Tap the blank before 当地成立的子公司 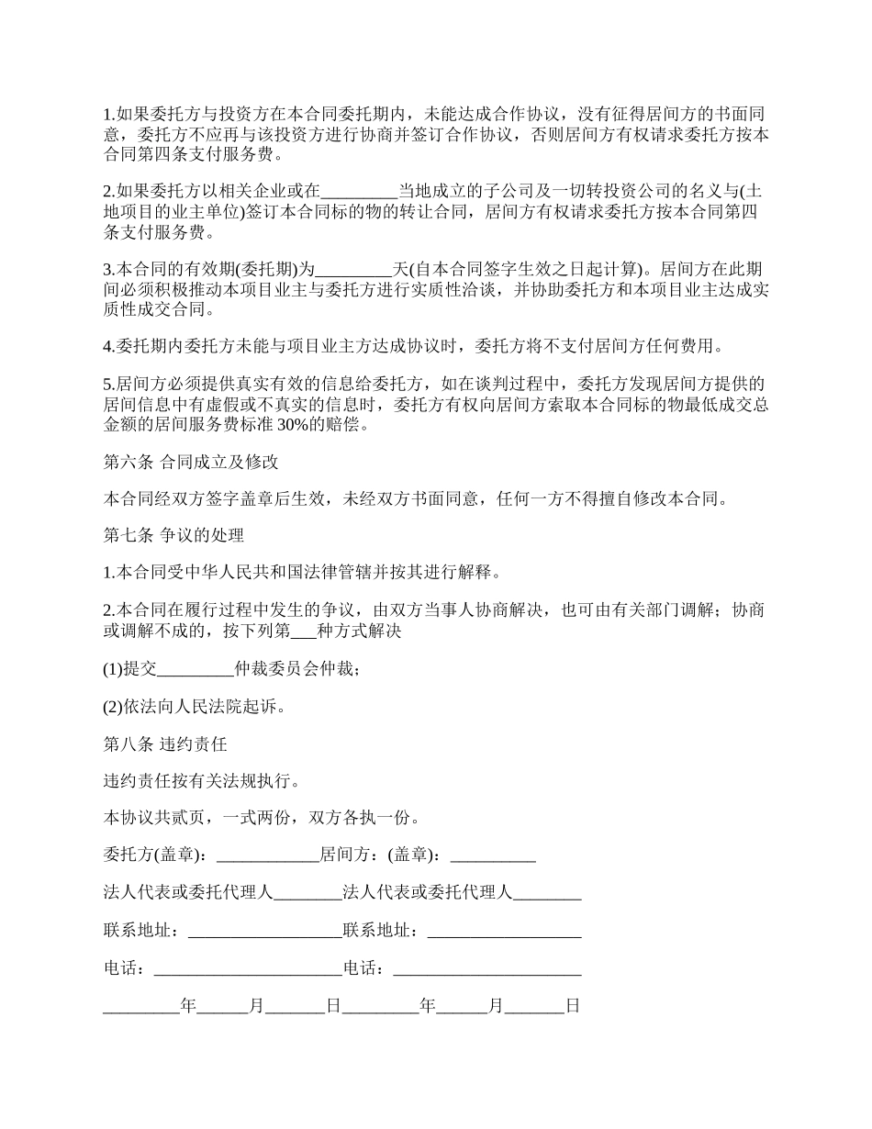click(358, 191)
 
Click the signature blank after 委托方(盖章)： click(265, 855)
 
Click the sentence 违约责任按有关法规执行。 click(200, 781)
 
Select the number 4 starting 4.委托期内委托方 click(107, 346)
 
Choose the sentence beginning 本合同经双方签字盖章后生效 click(418, 498)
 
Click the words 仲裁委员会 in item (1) click(274, 669)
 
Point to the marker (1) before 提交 click(113, 669)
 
